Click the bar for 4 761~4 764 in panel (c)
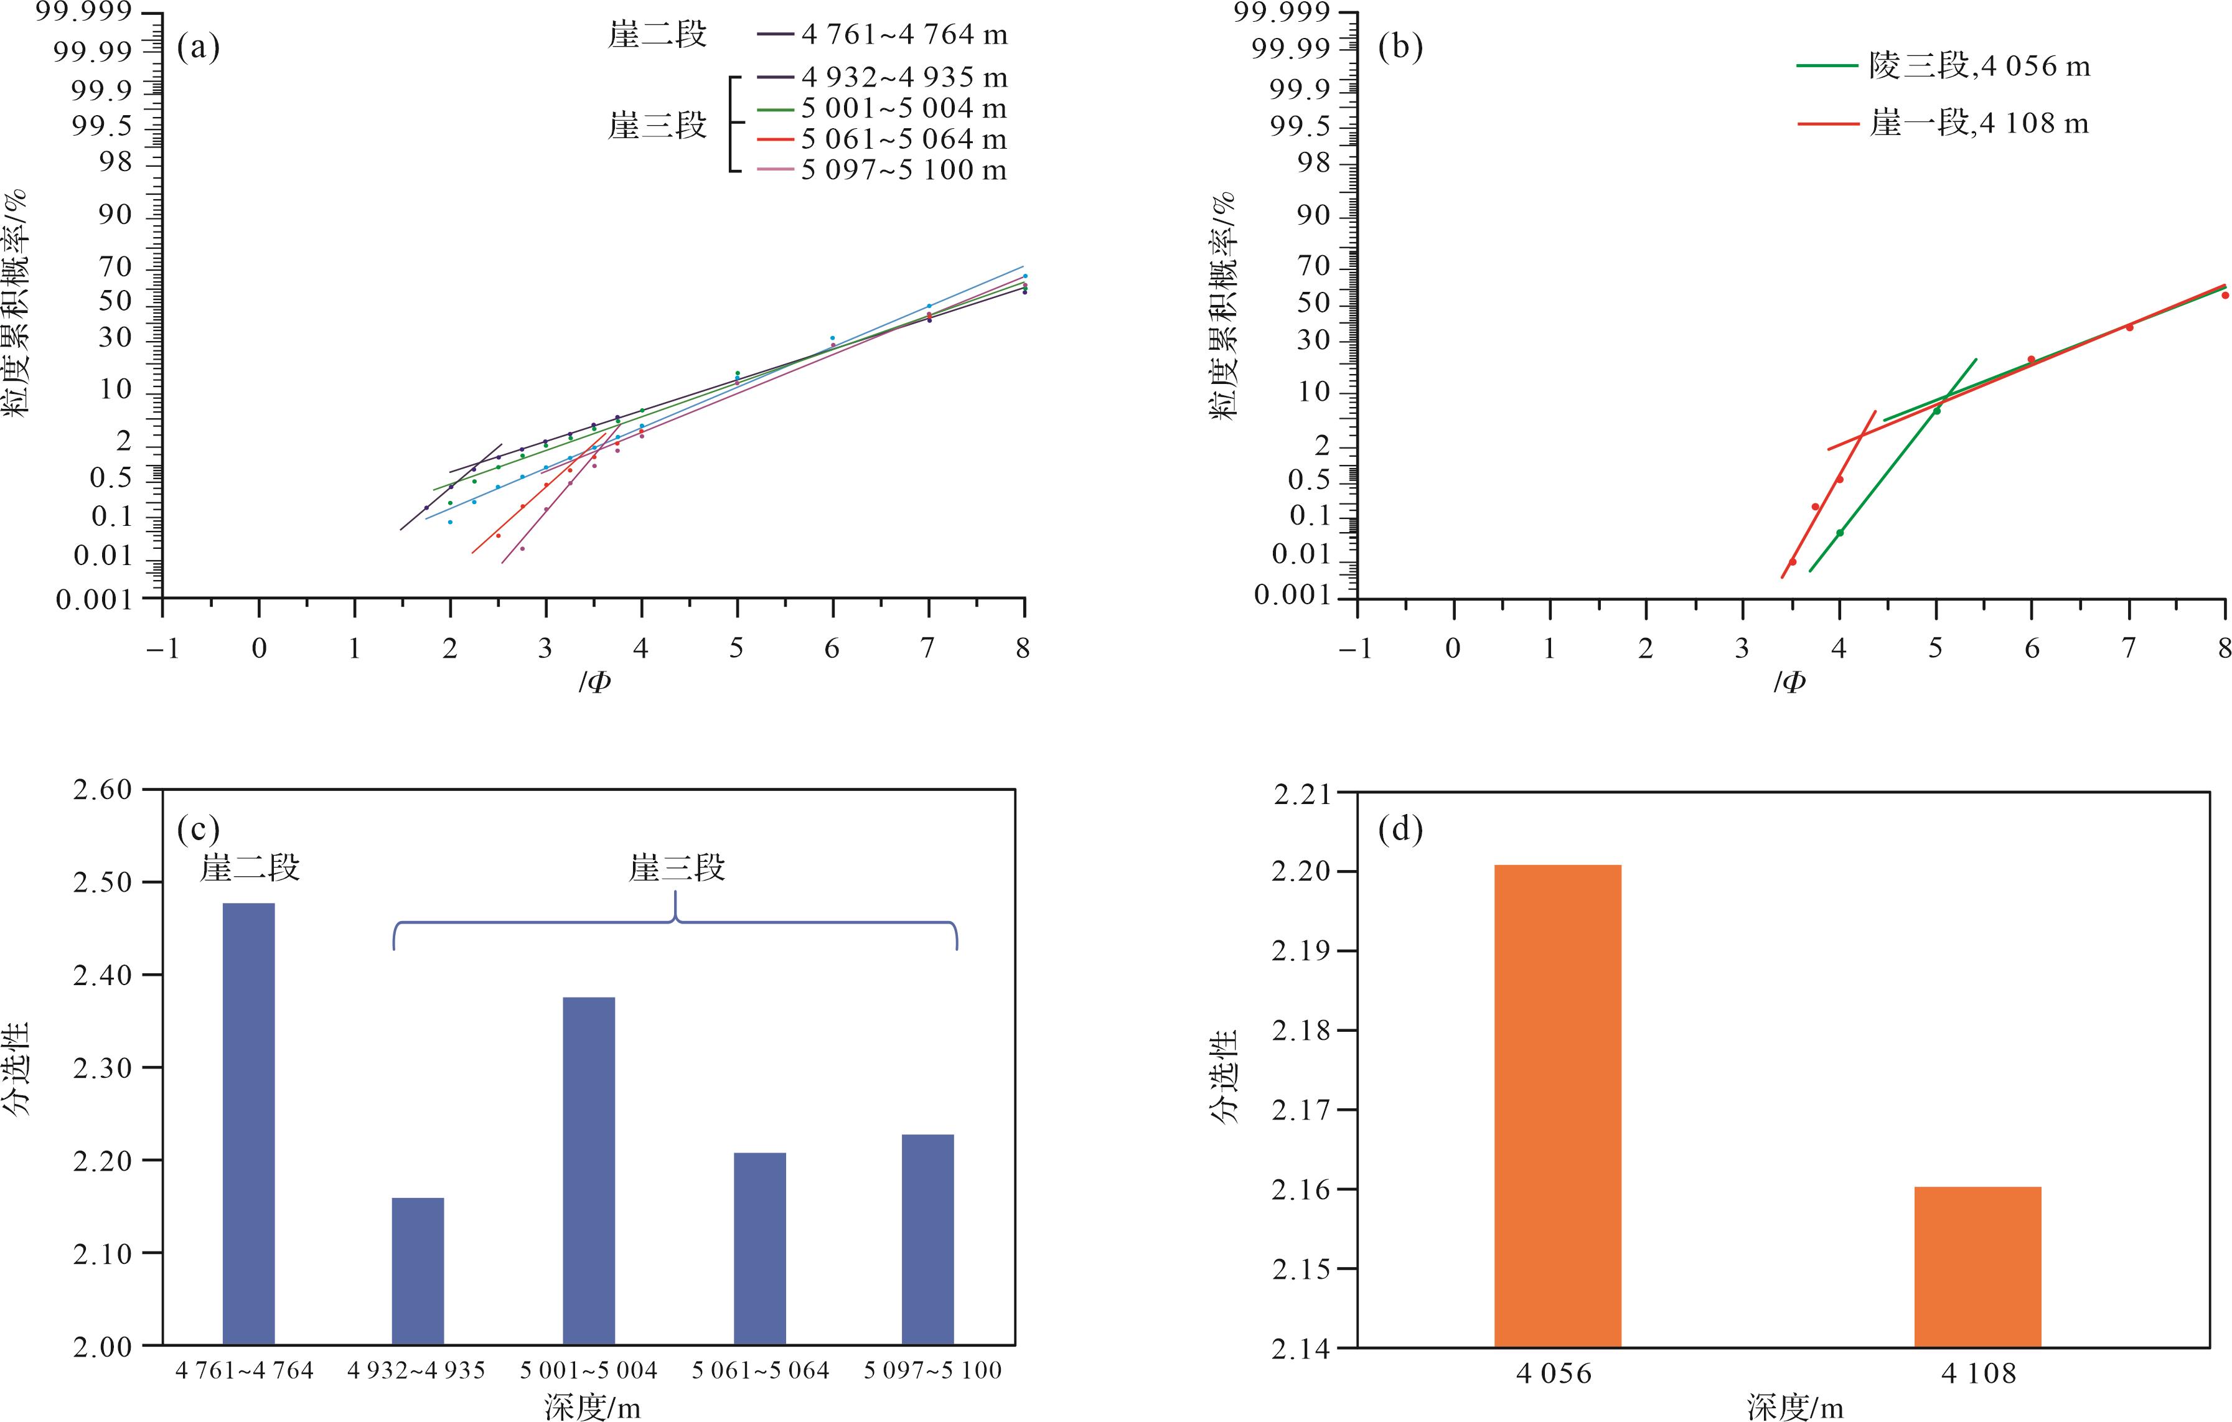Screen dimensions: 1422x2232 click(x=248, y=1123)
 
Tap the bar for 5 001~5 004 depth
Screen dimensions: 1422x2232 click(x=589, y=1171)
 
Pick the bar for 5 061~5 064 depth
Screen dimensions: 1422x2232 click(x=759, y=1248)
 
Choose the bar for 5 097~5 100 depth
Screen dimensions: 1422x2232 click(x=928, y=1240)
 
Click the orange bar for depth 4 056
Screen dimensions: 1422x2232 click(x=1557, y=1106)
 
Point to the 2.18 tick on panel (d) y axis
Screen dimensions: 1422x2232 click(x=1302, y=1031)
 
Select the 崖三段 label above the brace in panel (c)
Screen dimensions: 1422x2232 click(x=677, y=869)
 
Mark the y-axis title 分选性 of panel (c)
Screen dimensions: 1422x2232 click(x=17, y=1068)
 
